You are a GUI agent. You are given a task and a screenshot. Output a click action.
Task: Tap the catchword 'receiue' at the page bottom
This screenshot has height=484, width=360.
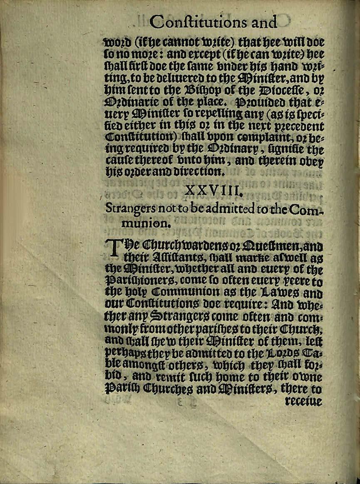(x=303, y=402)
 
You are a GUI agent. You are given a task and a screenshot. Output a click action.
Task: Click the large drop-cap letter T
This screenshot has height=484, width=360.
(x=117, y=250)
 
